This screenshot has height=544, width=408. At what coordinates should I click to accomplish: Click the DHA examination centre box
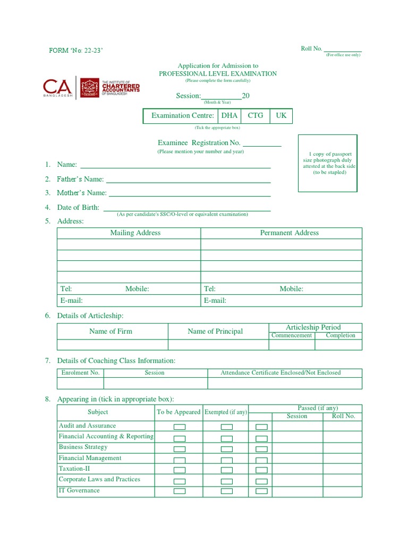click(x=229, y=116)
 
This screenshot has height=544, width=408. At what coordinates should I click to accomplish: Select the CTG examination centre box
click(x=256, y=116)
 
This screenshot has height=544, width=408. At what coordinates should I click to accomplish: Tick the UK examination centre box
click(x=281, y=116)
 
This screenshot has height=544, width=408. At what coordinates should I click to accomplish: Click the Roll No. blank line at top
click(x=343, y=50)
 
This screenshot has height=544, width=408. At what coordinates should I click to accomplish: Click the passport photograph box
click(x=328, y=163)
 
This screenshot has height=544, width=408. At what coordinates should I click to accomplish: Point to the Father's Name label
click(x=81, y=180)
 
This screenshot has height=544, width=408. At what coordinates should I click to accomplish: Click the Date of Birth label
click(x=79, y=208)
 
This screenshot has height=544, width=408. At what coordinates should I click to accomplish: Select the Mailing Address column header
click(x=135, y=233)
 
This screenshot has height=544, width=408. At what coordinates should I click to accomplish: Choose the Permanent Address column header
click(x=289, y=233)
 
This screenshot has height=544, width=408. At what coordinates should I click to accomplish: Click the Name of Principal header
click(x=215, y=331)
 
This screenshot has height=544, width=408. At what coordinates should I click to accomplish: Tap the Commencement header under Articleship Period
click(x=292, y=336)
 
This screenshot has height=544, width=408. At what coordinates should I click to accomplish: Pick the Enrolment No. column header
click(x=81, y=373)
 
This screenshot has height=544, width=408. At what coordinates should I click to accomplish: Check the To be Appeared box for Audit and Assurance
click(x=180, y=427)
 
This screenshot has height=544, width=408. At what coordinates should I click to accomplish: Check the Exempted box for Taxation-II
click(x=227, y=470)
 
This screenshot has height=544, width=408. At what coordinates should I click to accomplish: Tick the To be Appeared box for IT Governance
click(x=180, y=491)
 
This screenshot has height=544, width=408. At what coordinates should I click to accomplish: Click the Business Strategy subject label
click(x=83, y=447)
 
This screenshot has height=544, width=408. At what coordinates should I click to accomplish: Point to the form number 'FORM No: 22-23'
click(x=76, y=50)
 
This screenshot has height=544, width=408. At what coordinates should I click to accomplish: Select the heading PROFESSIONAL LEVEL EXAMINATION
click(x=218, y=74)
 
